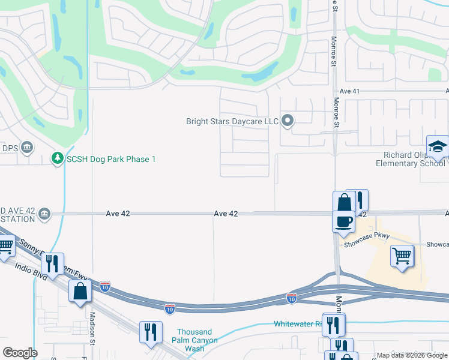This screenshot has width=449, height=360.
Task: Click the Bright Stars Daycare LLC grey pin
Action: coord(288,121)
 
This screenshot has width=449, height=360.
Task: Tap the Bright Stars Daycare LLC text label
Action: coord(232,122)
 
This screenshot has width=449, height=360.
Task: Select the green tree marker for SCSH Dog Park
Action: coord(57,159)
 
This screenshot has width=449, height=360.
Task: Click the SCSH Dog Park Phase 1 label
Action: coord(111,159)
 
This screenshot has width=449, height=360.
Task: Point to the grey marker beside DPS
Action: coord(26,147)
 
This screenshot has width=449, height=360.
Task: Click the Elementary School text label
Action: coord(411,163)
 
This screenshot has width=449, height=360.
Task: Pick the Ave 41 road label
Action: coord(349,91)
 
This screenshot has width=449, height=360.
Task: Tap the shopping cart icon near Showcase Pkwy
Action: coord(402,256)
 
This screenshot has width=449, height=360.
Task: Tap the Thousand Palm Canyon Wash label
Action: coord(194,340)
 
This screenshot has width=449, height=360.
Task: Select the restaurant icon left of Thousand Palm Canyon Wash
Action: coord(150,331)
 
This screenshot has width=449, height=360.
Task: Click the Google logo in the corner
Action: coord(20,353)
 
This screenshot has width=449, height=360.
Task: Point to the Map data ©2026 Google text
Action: coord(411,355)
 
